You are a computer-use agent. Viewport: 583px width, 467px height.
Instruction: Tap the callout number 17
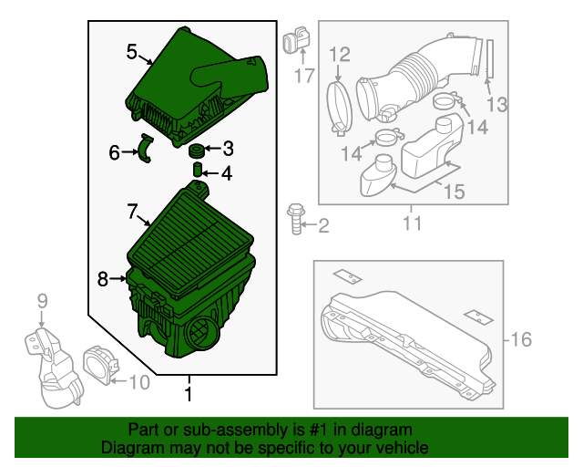pyautogui.click(x=303, y=77)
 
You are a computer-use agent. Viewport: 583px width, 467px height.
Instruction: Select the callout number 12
pyautogui.click(x=339, y=55)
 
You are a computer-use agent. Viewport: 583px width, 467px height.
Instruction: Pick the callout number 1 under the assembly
pyautogui.click(x=189, y=394)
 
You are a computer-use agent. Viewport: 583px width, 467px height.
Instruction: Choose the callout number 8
pyautogui.click(x=103, y=278)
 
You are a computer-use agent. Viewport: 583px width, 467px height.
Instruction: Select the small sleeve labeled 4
pyautogui.click(x=195, y=171)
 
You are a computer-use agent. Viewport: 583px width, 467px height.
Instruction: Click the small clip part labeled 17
pyautogui.click(x=294, y=42)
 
